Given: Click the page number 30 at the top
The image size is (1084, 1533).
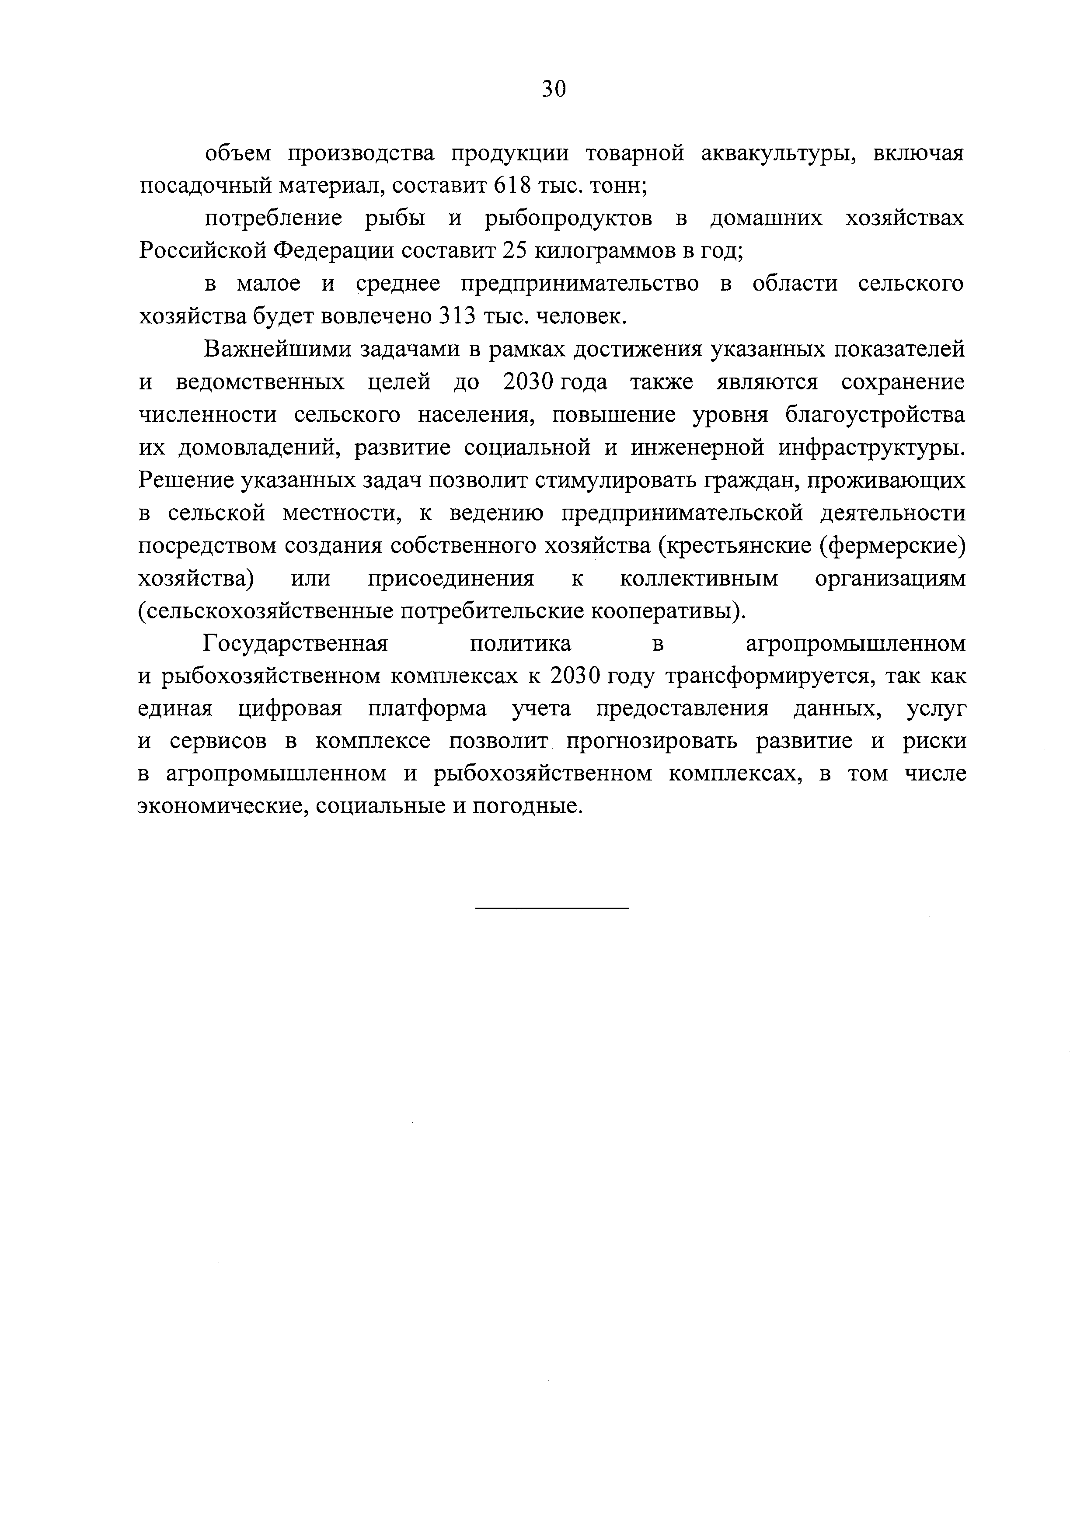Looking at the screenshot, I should coord(554,89).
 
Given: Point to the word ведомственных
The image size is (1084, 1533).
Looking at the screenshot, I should coord(261,382).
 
